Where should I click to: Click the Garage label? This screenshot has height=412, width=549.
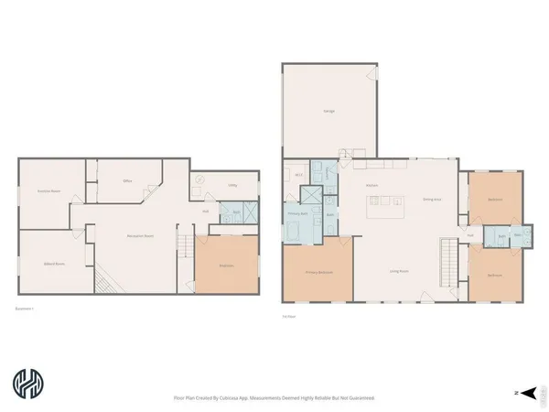[x=328, y=111]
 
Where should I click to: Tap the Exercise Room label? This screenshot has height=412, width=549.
[x=48, y=190]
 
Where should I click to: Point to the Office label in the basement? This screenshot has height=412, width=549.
[x=128, y=181]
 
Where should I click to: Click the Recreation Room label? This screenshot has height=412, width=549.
[x=140, y=236]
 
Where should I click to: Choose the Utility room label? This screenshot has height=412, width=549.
[x=233, y=186]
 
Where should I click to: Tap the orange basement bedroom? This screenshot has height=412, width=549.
[x=226, y=266]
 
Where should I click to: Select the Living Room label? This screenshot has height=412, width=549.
[x=399, y=271]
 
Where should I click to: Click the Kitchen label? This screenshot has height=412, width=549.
[x=372, y=186]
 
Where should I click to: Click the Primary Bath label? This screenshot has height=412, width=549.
[x=297, y=213]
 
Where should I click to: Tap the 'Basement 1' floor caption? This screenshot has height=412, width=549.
[x=27, y=308]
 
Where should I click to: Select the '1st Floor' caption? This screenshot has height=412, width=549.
[x=289, y=316]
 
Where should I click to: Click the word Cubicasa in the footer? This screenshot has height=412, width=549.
[x=233, y=398]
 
